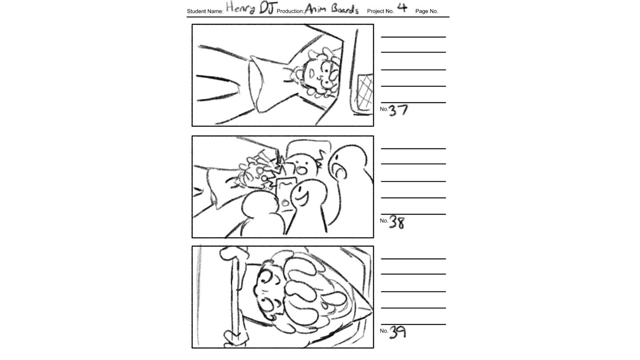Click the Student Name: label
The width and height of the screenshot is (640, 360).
click(x=205, y=12)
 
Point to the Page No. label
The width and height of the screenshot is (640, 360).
click(x=427, y=11)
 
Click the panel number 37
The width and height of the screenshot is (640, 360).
click(x=398, y=110)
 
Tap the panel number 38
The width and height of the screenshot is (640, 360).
click(x=397, y=222)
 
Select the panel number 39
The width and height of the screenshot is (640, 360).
click(x=397, y=332)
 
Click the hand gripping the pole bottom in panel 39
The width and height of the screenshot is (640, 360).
click(x=235, y=339)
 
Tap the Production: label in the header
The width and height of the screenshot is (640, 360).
click(x=290, y=12)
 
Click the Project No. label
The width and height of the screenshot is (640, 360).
click(x=380, y=11)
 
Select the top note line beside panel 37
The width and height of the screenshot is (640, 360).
click(x=413, y=37)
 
